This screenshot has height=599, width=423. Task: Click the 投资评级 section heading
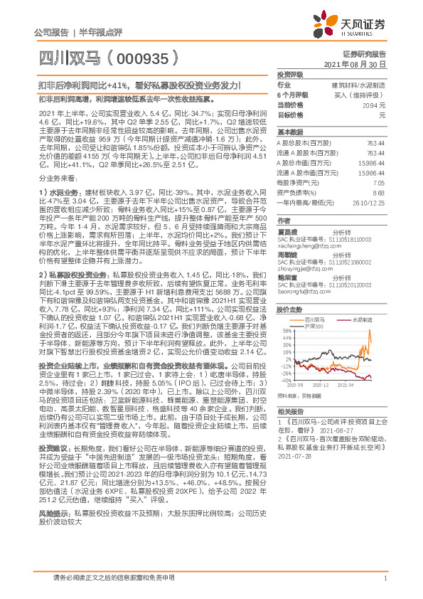pos(290,74)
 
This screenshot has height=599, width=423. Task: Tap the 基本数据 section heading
pos(289,132)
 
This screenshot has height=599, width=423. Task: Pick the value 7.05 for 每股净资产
pos(378,182)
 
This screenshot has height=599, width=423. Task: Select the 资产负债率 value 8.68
pos(378,192)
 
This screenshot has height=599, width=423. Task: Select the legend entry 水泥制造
pos(361,320)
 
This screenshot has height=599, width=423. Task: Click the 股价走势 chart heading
pos(289,309)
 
